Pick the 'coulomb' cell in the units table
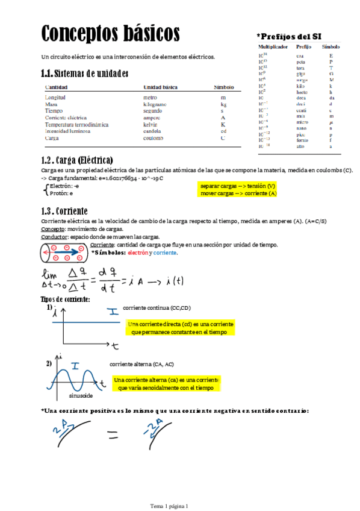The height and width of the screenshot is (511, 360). tap(154, 138)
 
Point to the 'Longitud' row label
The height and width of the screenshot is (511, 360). tap(55, 97)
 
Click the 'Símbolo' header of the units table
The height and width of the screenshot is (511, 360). tap(223, 87)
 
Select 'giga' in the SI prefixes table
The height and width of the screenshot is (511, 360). tap(300, 74)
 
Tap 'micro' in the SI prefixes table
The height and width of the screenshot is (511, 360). tap(302, 122)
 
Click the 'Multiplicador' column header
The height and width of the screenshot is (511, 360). tap(273, 46)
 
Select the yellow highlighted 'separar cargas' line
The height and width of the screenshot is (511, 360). tap(238, 186)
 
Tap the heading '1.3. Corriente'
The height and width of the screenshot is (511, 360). tap(64, 211)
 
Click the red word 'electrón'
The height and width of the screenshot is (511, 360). tap(138, 253)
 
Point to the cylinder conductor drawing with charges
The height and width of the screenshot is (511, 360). tap(64, 253)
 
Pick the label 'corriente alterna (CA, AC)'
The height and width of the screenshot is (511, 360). tap(141, 364)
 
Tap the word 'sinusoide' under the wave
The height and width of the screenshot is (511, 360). tap(81, 396)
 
